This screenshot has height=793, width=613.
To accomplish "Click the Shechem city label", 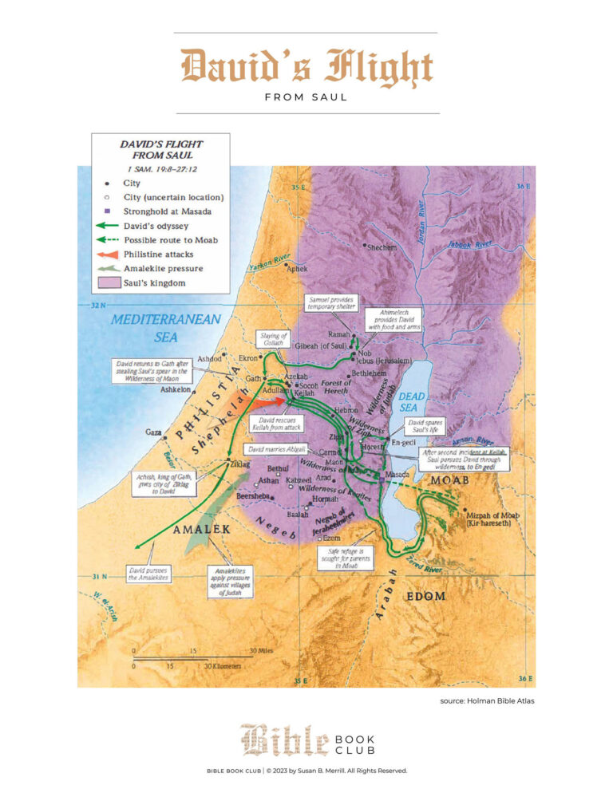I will coord(382,247).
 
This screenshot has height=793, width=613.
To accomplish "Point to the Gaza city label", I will coord(154,432).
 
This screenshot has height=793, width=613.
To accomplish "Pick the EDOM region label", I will coord(426,596).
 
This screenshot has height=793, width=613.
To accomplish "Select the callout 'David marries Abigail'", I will coord(278,450).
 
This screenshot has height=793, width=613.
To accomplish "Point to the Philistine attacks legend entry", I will coord(157,254).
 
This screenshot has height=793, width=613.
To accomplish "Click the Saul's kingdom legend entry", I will coord(155,283).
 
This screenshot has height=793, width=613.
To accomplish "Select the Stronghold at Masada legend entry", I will coord(166,211).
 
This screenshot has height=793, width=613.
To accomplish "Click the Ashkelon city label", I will coord(176,390).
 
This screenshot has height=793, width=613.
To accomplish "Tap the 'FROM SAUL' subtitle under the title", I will coord(306,97).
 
